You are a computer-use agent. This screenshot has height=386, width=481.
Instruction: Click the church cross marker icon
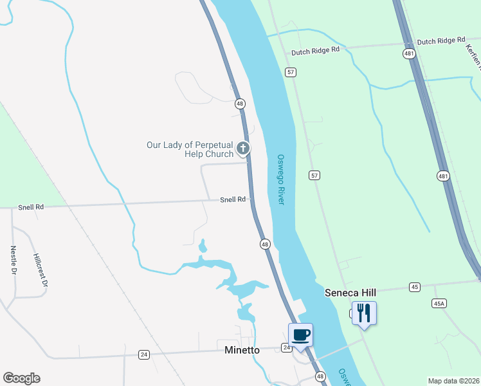tap(243, 149)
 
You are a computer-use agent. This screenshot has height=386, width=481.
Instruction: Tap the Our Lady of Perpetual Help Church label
tap(190, 149)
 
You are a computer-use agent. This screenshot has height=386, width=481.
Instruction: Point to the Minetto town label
tap(242, 350)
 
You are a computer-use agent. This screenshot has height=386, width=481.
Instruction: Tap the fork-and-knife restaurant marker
tap(364, 313)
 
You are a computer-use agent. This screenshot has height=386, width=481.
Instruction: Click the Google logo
tap(21, 378)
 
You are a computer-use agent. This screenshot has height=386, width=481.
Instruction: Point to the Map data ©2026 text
tap(453, 381)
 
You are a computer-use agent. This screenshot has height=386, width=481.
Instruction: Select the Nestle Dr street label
tap(13, 259)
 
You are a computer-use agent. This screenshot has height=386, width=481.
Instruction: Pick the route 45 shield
tap(414, 286)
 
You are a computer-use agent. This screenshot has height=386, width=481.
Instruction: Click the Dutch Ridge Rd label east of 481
tap(440, 41)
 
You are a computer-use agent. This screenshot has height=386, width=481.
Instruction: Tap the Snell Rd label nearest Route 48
tap(233, 199)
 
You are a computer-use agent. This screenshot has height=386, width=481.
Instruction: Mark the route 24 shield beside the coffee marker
tap(286, 347)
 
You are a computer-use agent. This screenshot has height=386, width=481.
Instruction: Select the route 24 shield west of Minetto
tap(144, 354)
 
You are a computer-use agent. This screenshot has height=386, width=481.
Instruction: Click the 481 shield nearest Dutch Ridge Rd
tap(409, 54)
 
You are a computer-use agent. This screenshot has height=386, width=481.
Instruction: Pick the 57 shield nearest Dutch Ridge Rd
tap(291, 72)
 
